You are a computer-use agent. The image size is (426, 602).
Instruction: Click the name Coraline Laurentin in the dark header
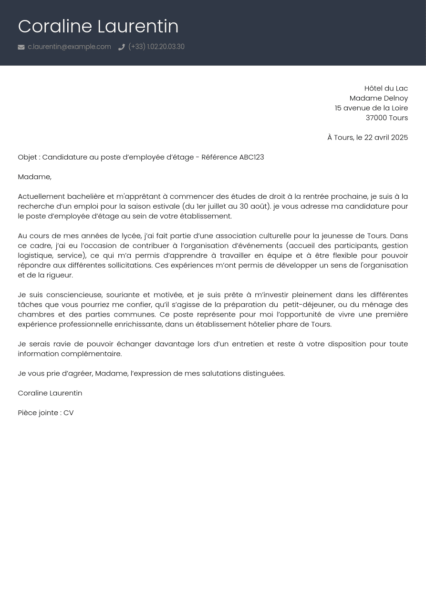tap(98, 26)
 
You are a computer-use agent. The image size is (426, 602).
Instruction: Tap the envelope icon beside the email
tap(21, 47)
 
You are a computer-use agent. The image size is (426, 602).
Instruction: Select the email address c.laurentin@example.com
tap(69, 47)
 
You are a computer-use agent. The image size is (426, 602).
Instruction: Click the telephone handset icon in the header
tap(122, 47)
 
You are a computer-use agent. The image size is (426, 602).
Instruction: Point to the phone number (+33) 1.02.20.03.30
tap(156, 47)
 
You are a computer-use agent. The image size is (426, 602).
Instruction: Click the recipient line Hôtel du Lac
tap(386, 88)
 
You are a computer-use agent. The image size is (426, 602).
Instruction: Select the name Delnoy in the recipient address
tap(395, 98)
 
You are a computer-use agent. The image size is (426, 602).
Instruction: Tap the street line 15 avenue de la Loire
tap(371, 108)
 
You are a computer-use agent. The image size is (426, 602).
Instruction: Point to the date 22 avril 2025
tap(386, 137)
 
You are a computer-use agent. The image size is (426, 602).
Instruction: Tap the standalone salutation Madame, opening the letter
tap(34, 177)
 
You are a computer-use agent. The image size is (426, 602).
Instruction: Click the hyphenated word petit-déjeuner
tap(308, 305)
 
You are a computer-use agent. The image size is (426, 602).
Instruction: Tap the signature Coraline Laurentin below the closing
tap(50, 393)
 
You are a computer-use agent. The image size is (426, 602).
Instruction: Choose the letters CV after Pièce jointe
tap(68, 413)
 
